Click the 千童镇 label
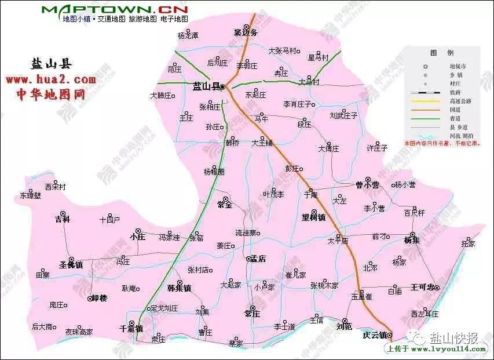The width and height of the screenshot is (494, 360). tap(131, 328)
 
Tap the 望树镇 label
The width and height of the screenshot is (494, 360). tap(313, 218)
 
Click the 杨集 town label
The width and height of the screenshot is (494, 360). tap(411, 239)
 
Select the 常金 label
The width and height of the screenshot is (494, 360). tap(224, 205)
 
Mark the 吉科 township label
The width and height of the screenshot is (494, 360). tap(62, 219)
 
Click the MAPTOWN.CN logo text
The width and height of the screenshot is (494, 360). tap(115, 10)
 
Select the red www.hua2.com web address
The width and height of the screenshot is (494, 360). tap(50, 79)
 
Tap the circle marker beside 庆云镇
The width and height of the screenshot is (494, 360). tap(390, 335)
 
